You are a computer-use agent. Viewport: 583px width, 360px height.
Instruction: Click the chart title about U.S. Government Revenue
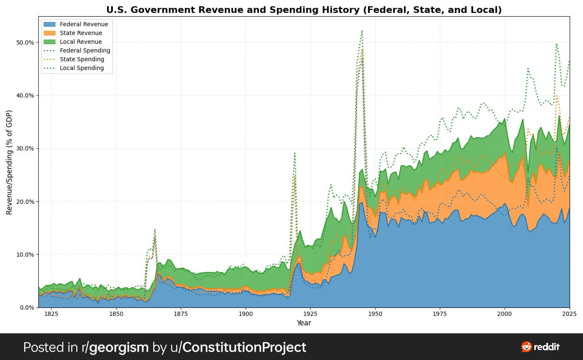click(x=304, y=10)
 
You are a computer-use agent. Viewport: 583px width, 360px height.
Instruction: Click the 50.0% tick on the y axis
click(x=25, y=42)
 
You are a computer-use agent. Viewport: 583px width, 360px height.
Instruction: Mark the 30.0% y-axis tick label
click(x=25, y=149)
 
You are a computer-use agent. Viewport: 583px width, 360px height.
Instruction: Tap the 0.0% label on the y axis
click(x=27, y=307)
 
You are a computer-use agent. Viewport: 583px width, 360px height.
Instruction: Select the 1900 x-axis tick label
click(x=246, y=313)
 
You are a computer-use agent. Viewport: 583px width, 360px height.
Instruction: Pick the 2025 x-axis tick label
click(x=569, y=313)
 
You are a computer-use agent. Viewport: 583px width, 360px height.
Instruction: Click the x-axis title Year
click(x=304, y=323)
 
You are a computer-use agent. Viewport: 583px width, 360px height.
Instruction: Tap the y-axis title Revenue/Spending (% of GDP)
click(x=10, y=162)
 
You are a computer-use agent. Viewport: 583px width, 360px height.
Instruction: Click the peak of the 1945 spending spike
click(x=362, y=30)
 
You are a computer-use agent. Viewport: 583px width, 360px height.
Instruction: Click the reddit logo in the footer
click(x=540, y=347)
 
